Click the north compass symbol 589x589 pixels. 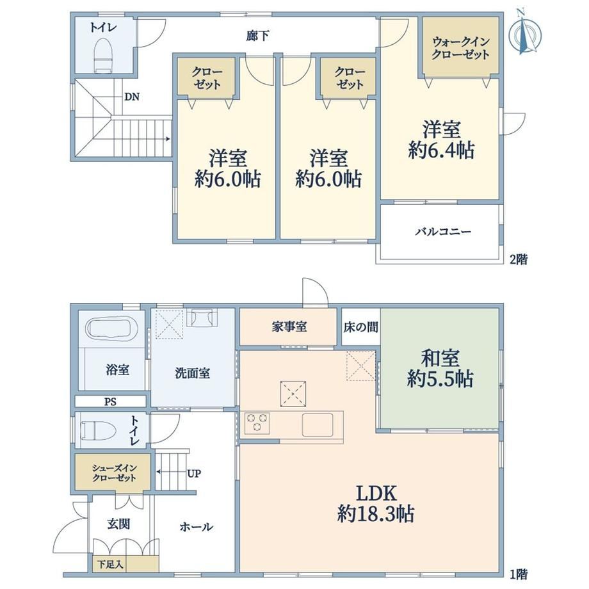(x=524, y=33)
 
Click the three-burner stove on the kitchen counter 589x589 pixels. (x=257, y=422)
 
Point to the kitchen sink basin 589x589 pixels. (x=318, y=424)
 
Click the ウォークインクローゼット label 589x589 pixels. (x=460, y=48)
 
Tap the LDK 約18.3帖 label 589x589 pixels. (x=376, y=503)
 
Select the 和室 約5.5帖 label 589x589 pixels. (x=440, y=369)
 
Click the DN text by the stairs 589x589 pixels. (x=132, y=97)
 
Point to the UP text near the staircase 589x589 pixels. (x=194, y=474)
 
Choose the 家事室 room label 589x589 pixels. (x=289, y=327)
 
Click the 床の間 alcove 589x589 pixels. (x=360, y=327)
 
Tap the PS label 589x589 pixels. (x=110, y=402)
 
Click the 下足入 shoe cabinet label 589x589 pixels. (x=110, y=565)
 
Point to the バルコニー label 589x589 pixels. (x=443, y=231)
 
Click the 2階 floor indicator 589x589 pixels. (x=519, y=259)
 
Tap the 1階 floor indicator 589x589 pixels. (x=519, y=574)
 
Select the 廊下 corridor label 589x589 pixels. (x=257, y=36)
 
